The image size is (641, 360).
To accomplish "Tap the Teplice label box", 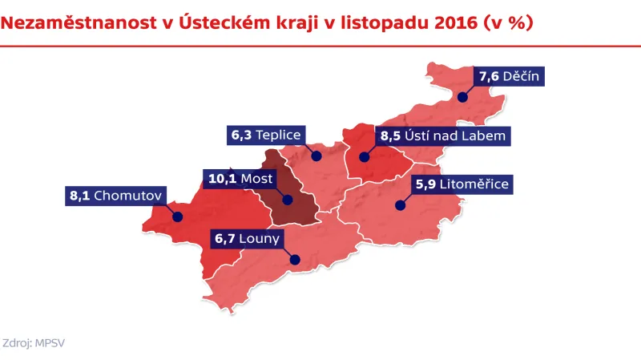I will point(264,136).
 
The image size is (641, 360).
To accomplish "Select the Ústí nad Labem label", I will point(442,136).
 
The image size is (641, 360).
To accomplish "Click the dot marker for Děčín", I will point(462,96).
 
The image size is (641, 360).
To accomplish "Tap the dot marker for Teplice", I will point(316,156).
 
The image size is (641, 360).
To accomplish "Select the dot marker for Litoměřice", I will point(398,205).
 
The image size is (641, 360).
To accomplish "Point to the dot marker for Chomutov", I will point(178,216).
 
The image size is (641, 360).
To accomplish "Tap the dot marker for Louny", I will point(295,259).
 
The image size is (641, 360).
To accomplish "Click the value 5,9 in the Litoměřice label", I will point(426,184).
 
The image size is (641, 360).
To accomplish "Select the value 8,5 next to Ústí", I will point(390,136).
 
